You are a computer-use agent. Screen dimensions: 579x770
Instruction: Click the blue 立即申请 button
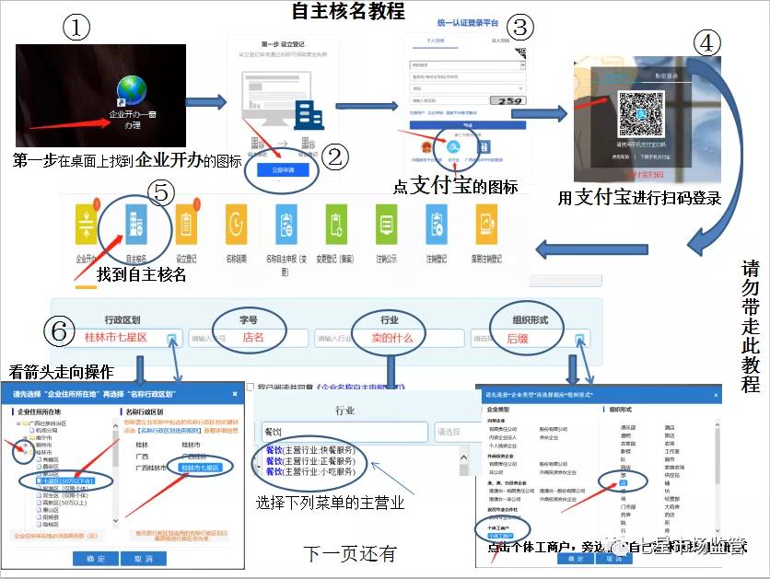point(282,169)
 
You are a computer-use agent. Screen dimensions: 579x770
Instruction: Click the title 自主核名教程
point(348,12)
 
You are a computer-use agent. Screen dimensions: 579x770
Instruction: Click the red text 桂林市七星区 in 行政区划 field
point(115,338)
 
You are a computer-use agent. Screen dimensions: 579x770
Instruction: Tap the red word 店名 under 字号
point(252,338)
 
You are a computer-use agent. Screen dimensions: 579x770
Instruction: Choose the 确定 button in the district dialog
point(95,559)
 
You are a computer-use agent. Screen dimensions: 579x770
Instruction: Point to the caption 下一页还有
point(350,553)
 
